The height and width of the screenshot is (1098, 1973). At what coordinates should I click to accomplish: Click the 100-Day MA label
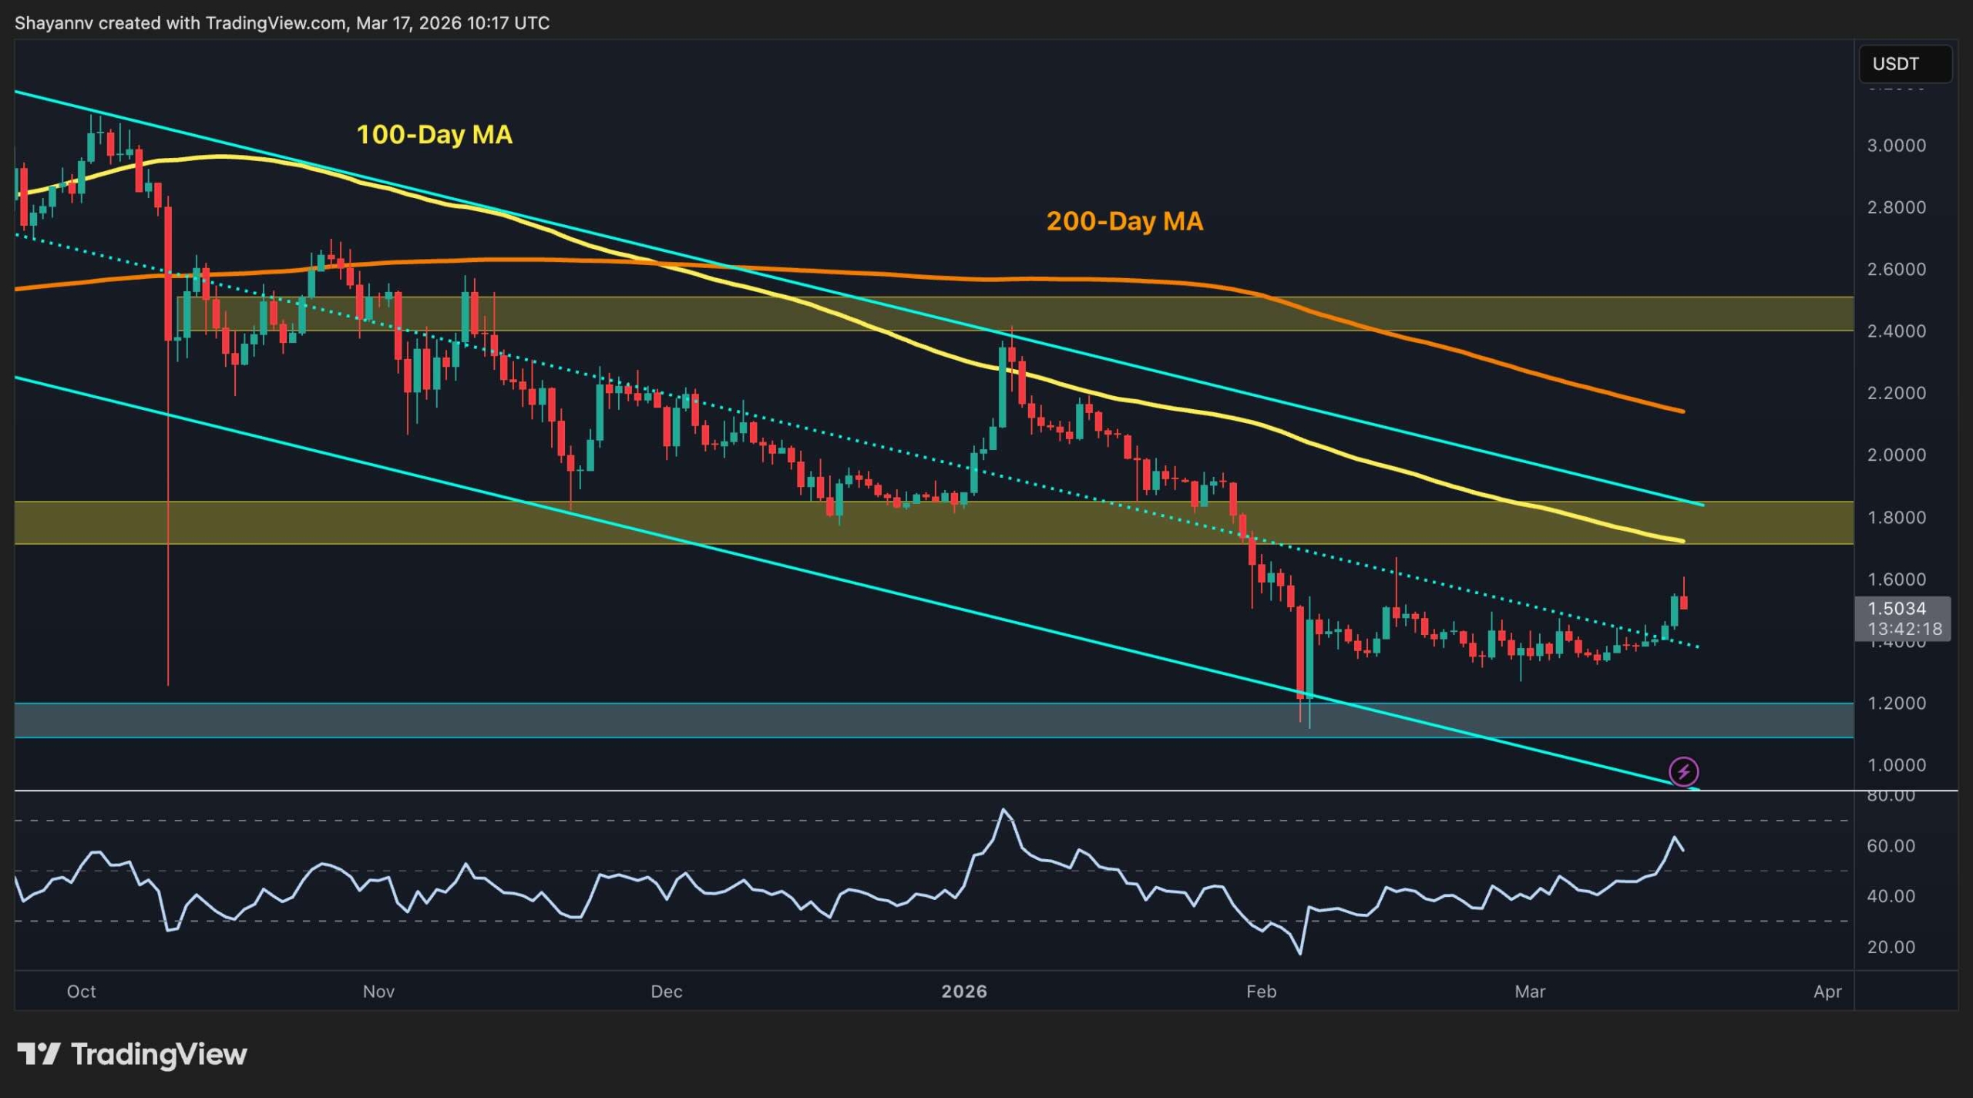click(x=434, y=135)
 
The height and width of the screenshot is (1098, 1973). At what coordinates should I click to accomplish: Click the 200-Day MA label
click(x=1124, y=222)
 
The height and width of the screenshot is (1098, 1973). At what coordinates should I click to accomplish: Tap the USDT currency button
click(x=1904, y=64)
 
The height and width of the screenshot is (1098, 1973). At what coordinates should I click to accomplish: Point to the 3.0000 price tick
click(x=1896, y=146)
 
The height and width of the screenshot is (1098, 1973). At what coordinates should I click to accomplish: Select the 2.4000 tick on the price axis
click(x=1896, y=331)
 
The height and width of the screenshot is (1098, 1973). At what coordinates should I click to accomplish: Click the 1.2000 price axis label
click(x=1896, y=703)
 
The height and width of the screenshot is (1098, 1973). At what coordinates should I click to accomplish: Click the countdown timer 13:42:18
click(x=1904, y=629)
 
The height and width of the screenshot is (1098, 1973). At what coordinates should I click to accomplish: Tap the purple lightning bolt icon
click(x=1683, y=771)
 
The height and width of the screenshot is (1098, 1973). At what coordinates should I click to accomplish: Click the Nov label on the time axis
click(x=378, y=992)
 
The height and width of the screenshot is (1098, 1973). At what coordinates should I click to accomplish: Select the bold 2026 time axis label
click(x=964, y=992)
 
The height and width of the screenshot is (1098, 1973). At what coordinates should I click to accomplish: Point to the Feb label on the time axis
click(x=1261, y=992)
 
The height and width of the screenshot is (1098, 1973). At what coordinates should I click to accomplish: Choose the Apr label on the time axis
click(x=1827, y=992)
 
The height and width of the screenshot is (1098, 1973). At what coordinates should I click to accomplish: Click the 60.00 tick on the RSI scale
click(x=1891, y=846)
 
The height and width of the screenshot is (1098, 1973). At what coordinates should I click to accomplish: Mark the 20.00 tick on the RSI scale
click(x=1891, y=947)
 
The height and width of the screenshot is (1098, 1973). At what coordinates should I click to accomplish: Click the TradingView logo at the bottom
click(x=133, y=1054)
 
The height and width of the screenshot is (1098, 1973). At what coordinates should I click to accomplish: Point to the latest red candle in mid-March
click(x=1684, y=602)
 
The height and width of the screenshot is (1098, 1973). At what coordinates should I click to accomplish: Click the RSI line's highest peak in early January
click(x=1003, y=810)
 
